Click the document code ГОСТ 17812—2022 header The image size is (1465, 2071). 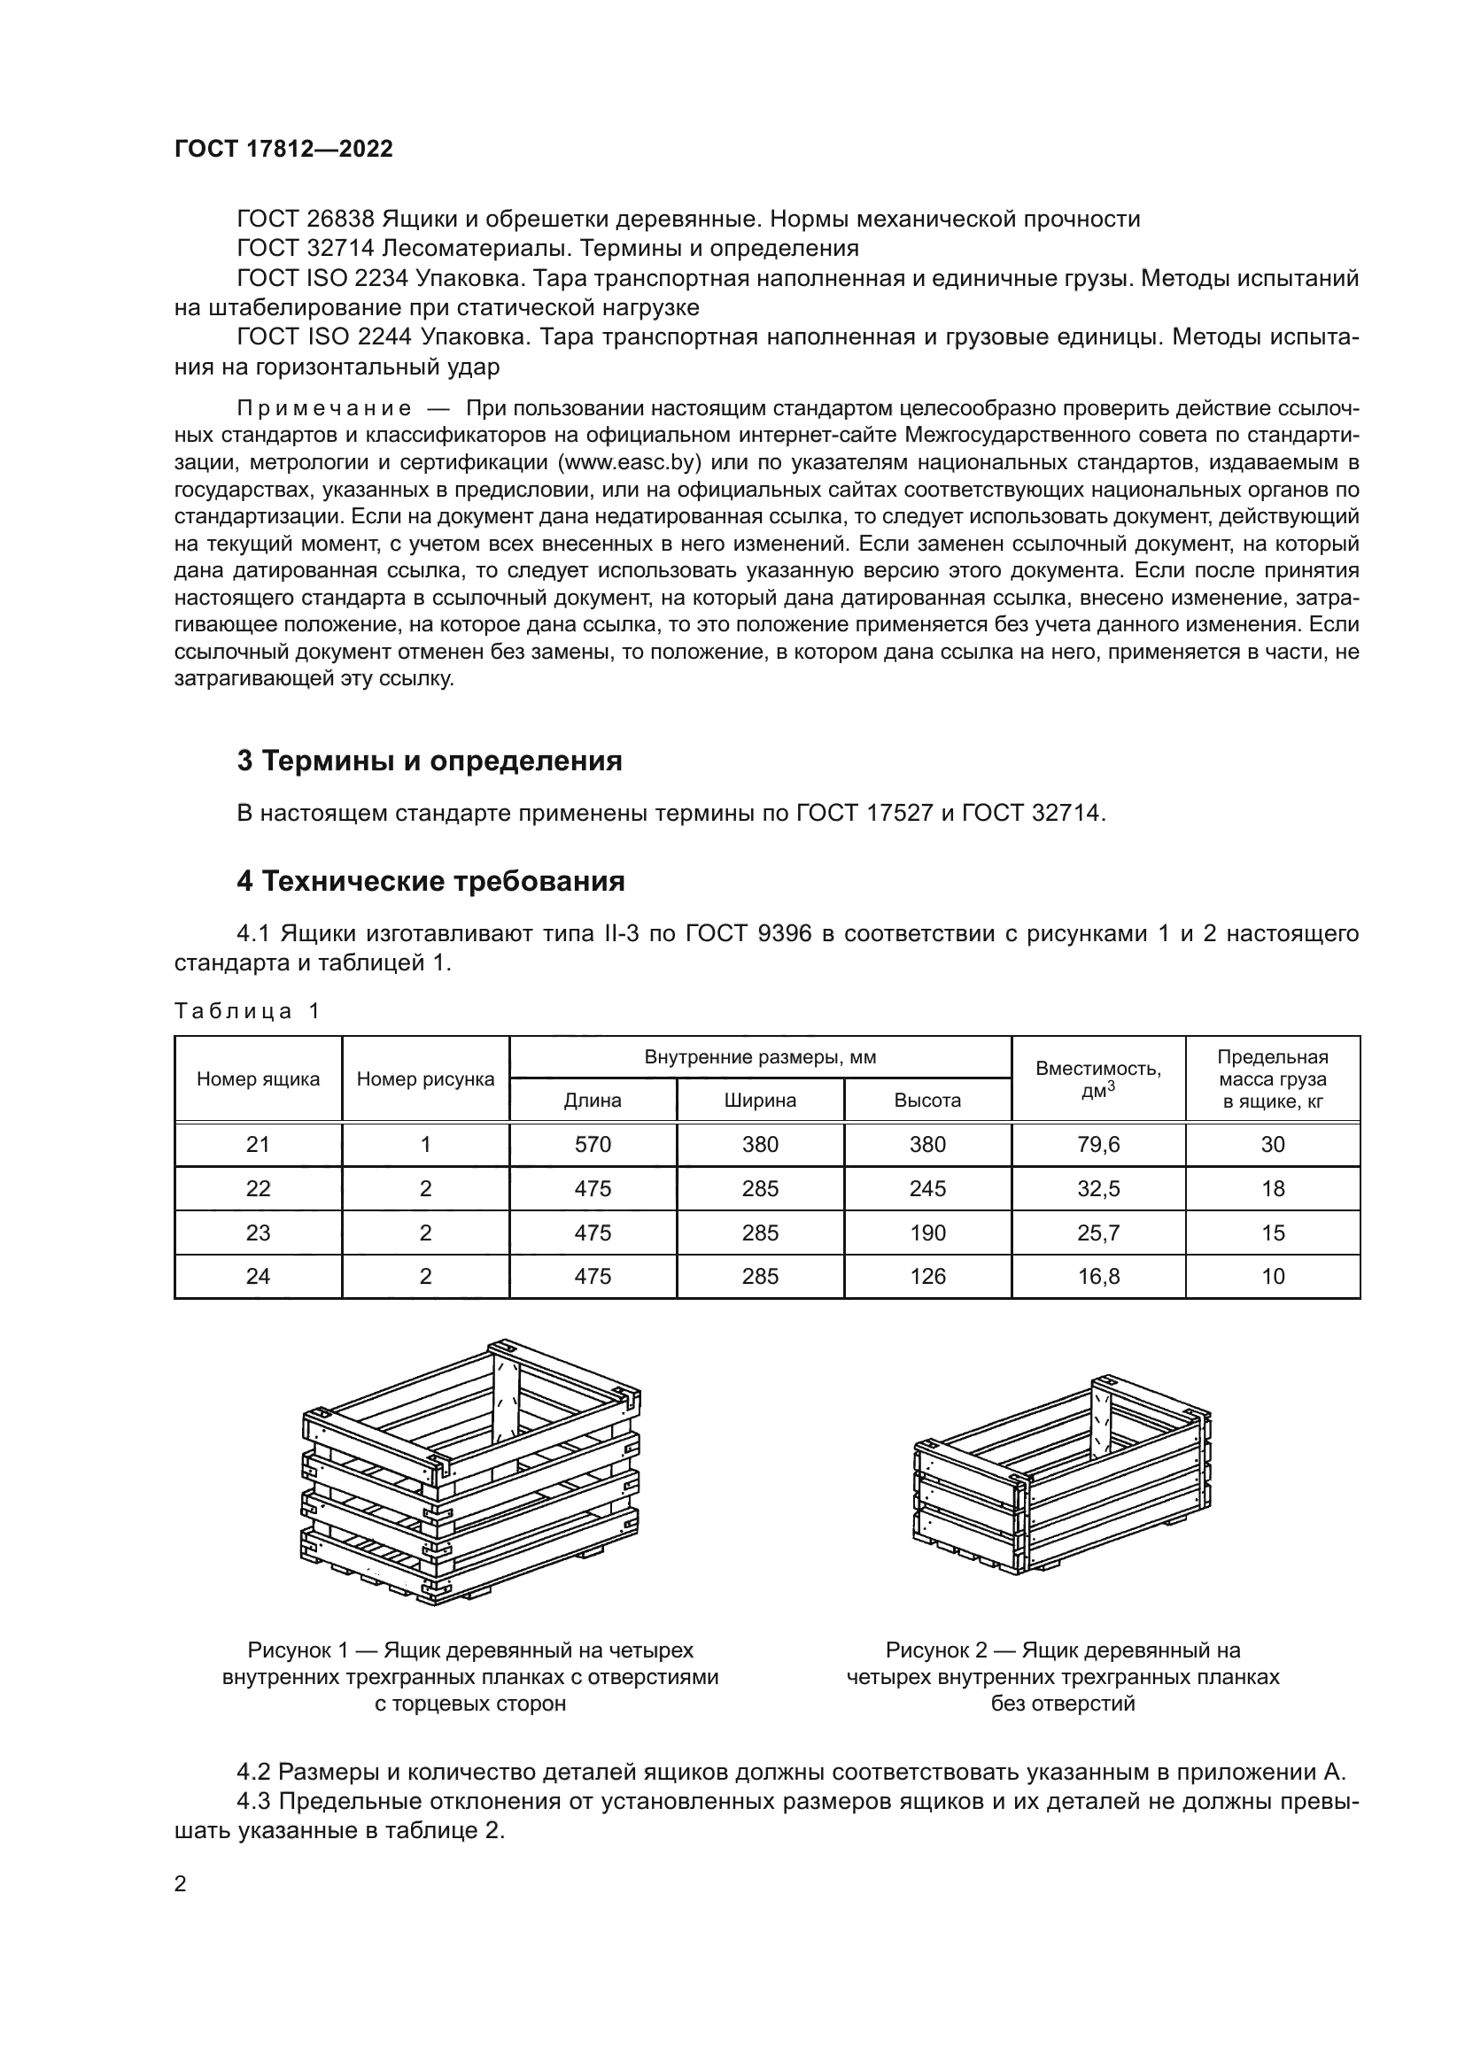click(283, 149)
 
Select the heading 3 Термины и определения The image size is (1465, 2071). click(430, 761)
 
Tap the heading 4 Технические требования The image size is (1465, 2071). click(430, 880)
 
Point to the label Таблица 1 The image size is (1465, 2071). click(246, 1010)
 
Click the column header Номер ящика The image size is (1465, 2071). click(258, 1078)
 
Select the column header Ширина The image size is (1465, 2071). click(760, 1101)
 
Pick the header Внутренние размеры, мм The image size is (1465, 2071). click(760, 1057)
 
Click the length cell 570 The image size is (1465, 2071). click(593, 1145)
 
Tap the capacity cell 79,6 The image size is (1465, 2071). click(1097, 1145)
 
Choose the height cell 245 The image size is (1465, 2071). click(927, 1189)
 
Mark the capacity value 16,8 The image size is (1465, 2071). click(1097, 1277)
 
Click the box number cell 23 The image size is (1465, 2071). click(258, 1233)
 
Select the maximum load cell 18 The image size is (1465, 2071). click(1272, 1189)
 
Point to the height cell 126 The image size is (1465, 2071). click(927, 1277)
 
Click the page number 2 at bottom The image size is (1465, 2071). click(181, 1884)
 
